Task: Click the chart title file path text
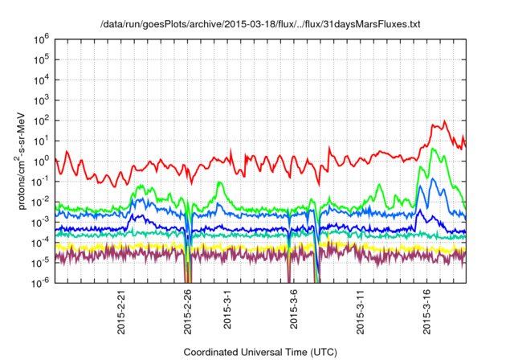(260, 25)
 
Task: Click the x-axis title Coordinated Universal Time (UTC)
(260, 352)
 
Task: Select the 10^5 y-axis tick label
(43, 59)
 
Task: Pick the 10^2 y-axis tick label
(43, 120)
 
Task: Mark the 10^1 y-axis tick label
(43, 140)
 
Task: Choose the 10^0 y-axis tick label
(43, 161)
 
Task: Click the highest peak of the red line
(444, 121)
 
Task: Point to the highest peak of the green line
(434, 149)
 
